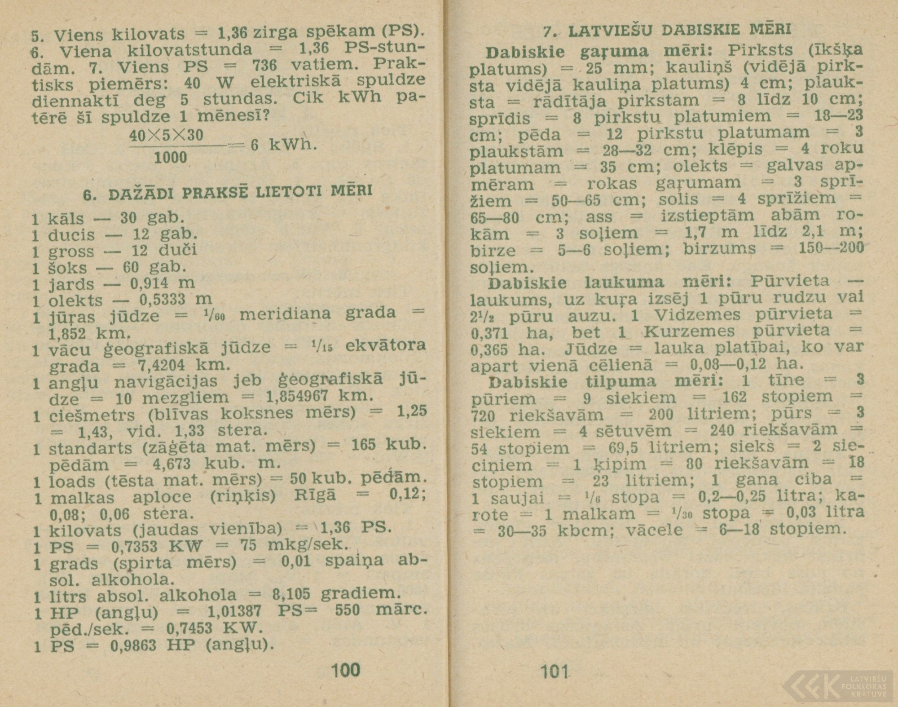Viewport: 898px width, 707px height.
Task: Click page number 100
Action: coord(345,670)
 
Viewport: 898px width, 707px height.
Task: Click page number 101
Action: coord(555,672)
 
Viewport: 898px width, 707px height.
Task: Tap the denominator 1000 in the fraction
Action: coord(170,157)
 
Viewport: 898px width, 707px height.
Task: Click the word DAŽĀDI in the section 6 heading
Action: coord(138,194)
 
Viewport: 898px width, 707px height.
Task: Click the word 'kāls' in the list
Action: coord(66,219)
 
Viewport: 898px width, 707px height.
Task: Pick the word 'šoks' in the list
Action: coord(67,268)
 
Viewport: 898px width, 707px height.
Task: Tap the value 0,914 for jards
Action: coord(150,283)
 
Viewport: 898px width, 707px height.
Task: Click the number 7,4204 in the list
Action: coord(161,365)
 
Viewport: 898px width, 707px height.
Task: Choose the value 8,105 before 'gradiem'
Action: coord(291,595)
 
